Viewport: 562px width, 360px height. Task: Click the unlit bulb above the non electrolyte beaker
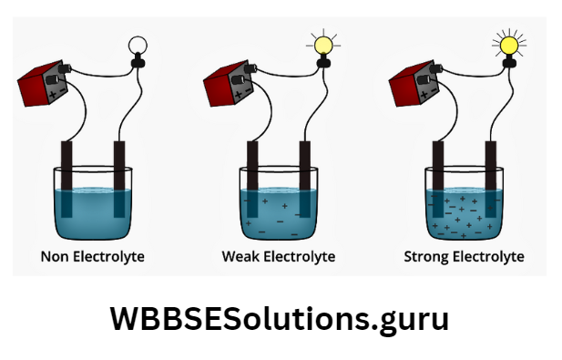click(138, 42)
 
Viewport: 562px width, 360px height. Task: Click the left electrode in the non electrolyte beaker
click(68, 178)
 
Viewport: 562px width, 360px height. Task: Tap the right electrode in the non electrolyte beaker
click(118, 178)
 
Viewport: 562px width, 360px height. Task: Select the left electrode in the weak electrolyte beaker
click(252, 178)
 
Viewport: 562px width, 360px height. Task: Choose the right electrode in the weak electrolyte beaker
click(303, 178)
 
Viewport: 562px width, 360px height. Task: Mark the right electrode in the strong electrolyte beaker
click(491, 178)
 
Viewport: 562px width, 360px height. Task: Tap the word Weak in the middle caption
click(240, 257)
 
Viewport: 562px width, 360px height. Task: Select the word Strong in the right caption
click(425, 257)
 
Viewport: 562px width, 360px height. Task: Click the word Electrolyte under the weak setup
click(300, 257)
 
